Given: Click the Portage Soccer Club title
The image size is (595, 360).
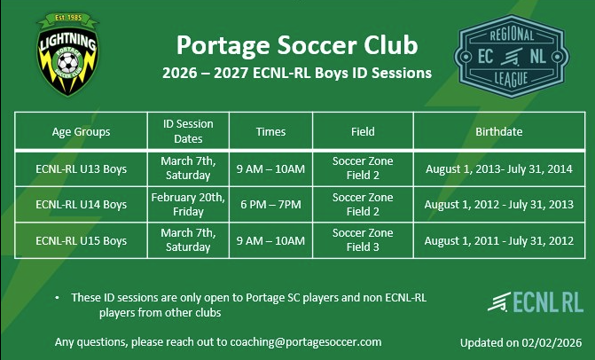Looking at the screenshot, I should pos(297,44).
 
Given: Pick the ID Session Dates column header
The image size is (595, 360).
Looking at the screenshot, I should pos(188,132).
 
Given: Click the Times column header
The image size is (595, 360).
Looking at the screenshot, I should pos(271,132).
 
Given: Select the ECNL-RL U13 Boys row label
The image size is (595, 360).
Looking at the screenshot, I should pos(82,168).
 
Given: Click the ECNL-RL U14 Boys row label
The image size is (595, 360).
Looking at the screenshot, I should pos(82,205).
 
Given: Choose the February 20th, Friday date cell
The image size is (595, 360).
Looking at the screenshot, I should pos(187,205).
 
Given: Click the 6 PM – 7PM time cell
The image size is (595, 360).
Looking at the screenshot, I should pos(271,205).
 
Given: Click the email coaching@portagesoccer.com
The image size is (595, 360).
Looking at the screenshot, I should pos(306,341).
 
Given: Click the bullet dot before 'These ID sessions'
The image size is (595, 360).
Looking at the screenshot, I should pos(58,298).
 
